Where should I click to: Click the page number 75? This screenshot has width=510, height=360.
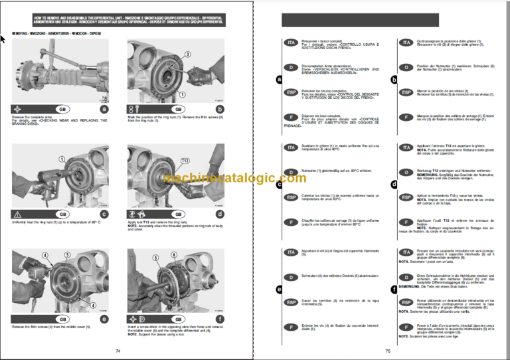[x=387, y=351]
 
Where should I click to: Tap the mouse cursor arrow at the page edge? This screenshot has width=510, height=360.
[x=3, y=39]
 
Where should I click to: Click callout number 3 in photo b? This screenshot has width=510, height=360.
[x=188, y=55]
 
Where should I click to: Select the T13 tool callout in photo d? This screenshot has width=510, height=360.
[x=185, y=161]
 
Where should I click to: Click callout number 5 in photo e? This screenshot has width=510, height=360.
[x=67, y=254]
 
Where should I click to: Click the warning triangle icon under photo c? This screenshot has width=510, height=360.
[x=17, y=215]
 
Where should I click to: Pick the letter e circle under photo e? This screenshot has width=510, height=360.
[x=103, y=318]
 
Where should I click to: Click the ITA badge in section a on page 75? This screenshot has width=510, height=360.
[x=290, y=43]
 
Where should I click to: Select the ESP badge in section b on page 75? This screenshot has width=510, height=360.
[x=406, y=92]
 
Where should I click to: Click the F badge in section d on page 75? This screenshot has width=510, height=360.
[x=406, y=222]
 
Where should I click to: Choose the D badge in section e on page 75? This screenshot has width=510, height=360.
[x=290, y=277]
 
